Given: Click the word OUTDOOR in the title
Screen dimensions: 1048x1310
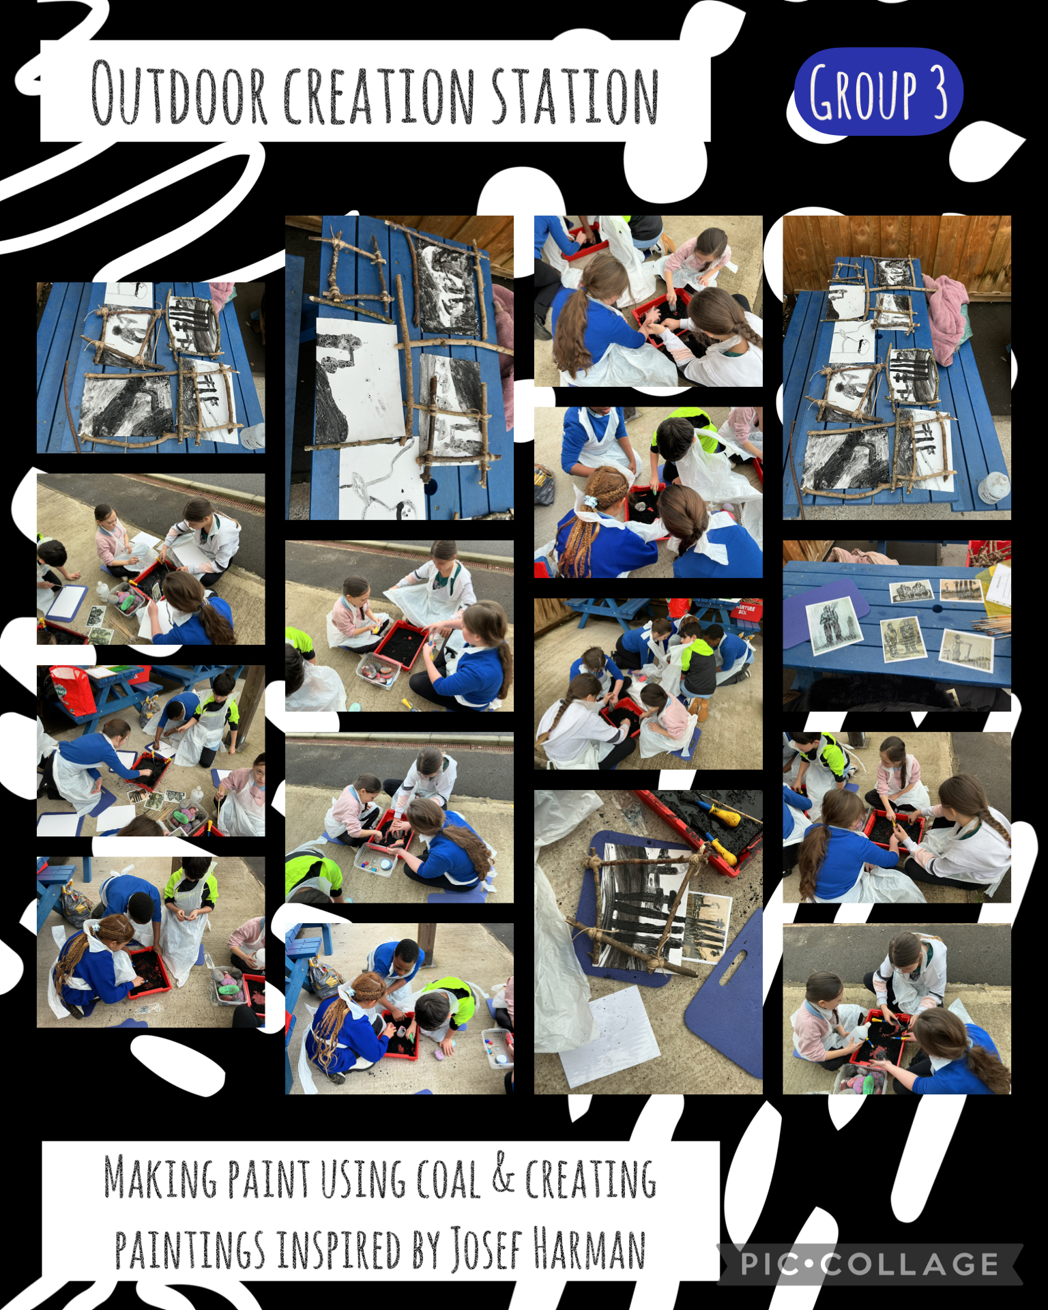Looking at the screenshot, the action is point(179,93).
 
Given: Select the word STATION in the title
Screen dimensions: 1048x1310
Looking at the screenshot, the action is point(575,95).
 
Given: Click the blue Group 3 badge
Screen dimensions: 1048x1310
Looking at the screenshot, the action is point(879,91).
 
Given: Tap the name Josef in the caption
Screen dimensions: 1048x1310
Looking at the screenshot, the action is point(486,1250).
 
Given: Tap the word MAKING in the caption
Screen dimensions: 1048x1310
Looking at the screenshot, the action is point(160,1176).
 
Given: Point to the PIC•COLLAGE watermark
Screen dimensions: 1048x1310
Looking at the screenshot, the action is point(870,1264).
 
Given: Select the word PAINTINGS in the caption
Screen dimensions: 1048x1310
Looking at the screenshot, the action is point(190,1250).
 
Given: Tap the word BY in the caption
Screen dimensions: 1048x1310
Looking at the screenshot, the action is point(426,1250).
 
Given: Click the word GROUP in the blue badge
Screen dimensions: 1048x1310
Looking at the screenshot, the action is point(863,92).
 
